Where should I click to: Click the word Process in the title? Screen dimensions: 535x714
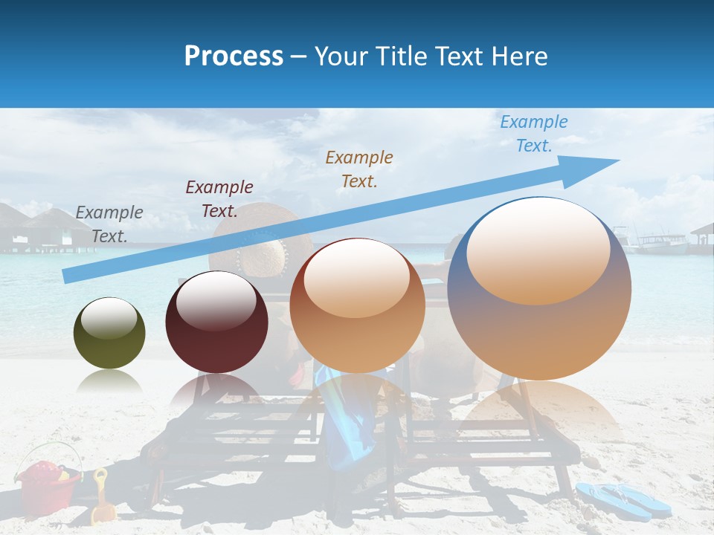234,56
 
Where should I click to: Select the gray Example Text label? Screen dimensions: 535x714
109,224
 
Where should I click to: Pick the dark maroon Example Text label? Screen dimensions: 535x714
219,198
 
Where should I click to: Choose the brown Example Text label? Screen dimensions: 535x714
359,169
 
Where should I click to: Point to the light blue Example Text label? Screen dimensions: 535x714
533,133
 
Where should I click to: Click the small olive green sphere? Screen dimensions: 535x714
109,333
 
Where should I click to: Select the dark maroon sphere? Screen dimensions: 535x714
216,322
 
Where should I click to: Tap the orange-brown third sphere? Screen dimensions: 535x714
357,306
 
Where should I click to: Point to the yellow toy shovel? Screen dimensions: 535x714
103,497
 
